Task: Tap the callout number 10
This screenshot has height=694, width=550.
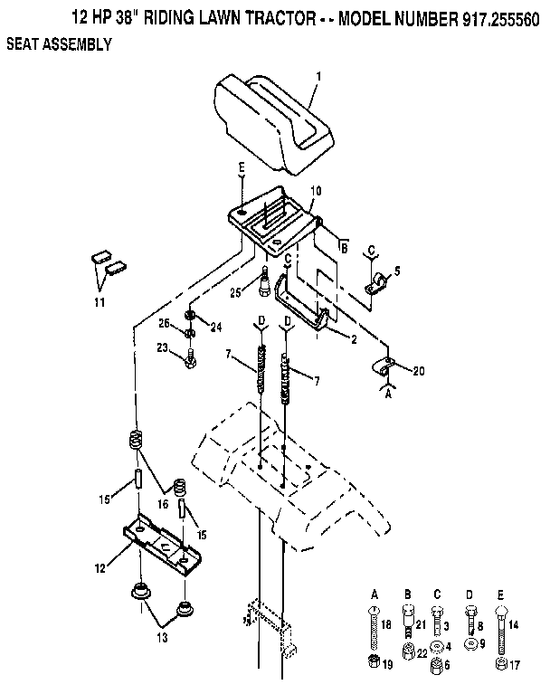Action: tap(316, 191)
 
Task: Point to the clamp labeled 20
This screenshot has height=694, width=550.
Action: tap(384, 368)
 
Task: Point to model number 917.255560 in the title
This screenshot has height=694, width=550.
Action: tap(488, 16)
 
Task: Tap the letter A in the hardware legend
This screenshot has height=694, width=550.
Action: tap(375, 593)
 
